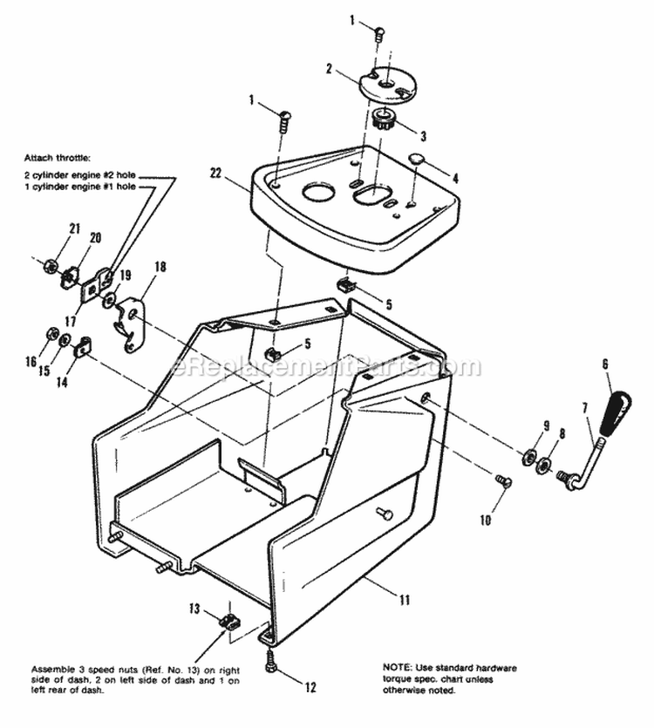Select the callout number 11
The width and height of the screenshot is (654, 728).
click(x=404, y=599)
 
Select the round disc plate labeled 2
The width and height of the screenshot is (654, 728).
click(x=390, y=84)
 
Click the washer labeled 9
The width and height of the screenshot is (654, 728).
click(x=529, y=458)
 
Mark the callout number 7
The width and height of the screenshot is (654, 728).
click(x=585, y=408)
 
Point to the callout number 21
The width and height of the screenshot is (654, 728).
click(x=75, y=228)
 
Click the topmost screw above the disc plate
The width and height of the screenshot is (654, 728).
click(x=379, y=34)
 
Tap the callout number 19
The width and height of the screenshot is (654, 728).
click(x=126, y=276)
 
